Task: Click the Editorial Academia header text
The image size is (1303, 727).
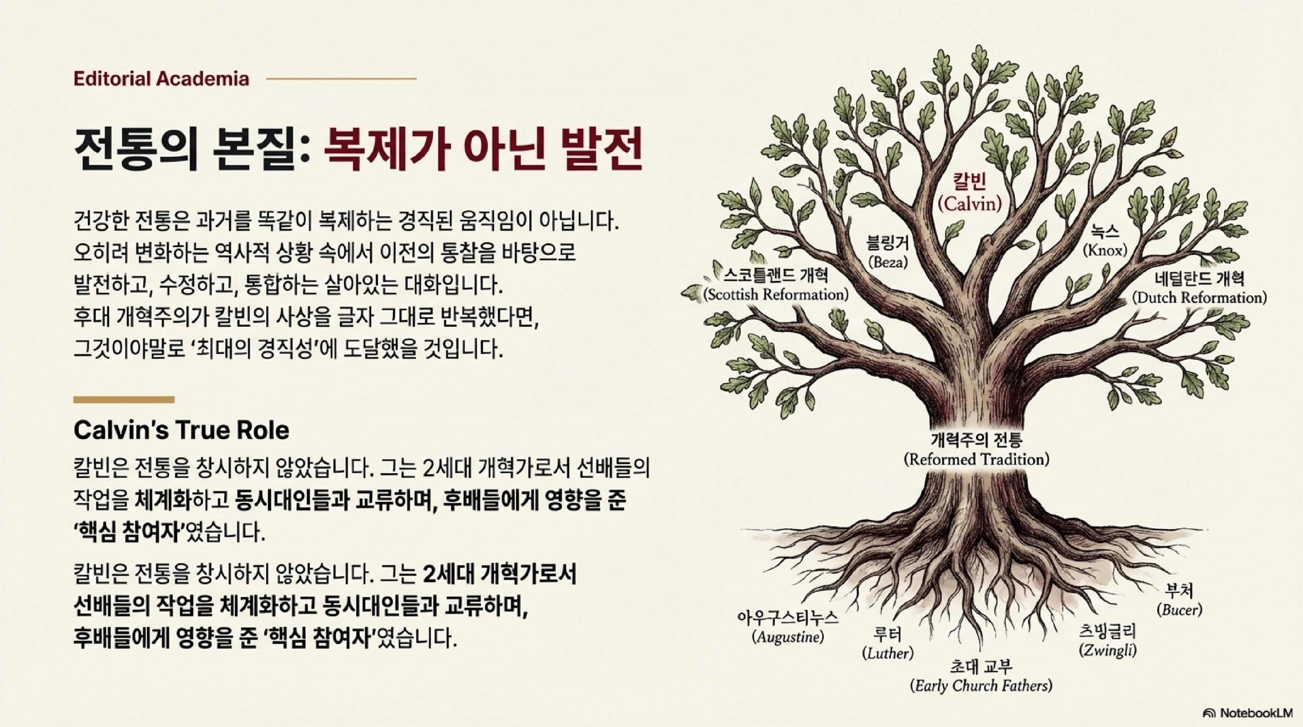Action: pos(161,79)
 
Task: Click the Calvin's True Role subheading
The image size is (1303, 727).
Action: pos(181,431)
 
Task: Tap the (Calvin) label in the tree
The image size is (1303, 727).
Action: pos(970,204)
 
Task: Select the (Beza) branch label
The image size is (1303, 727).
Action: pos(888,262)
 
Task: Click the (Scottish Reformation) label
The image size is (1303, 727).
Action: pos(775,295)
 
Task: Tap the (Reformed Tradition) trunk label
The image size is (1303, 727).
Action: pos(976,460)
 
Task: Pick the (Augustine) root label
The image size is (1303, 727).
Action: pos(788,637)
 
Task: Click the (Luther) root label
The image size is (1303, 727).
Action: pos(888,654)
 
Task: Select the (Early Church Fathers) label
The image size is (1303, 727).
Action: pos(981,686)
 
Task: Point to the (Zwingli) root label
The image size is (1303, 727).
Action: pos(1108,650)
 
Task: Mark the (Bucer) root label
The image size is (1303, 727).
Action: pos(1179,610)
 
